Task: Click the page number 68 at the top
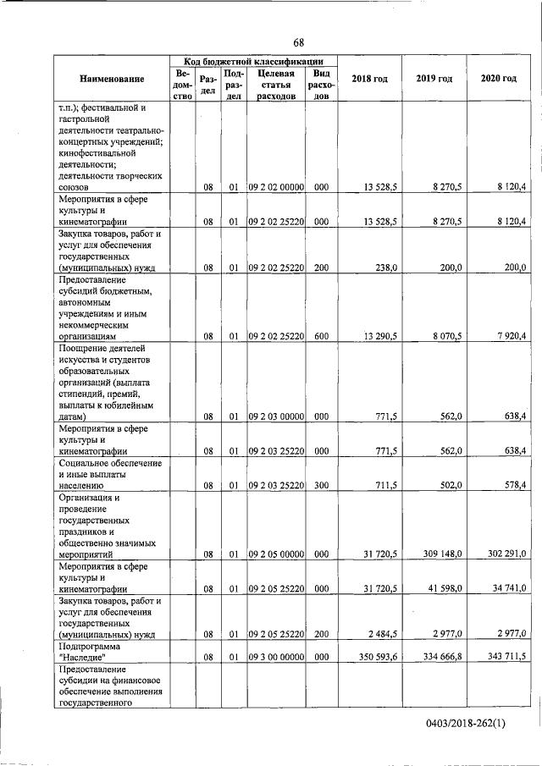pyautogui.click(x=299, y=42)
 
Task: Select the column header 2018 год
pyautogui.click(x=369, y=79)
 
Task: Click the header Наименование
pyautogui.click(x=112, y=79)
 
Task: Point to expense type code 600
pyautogui.click(x=321, y=336)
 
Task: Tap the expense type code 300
pyautogui.click(x=321, y=486)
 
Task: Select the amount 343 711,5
pyautogui.click(x=504, y=656)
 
